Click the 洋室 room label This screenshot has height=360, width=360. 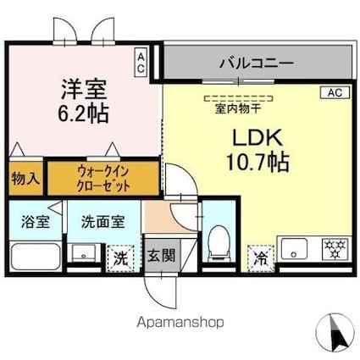pyautogui.click(x=83, y=88)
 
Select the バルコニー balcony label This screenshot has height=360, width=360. pyautogui.click(x=257, y=63)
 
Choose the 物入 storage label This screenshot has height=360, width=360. pyautogui.click(x=25, y=180)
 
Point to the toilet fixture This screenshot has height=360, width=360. pyautogui.click(x=217, y=242)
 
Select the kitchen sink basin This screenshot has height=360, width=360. pyautogui.click(x=297, y=250)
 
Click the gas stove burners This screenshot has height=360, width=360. pyautogui.click(x=335, y=249)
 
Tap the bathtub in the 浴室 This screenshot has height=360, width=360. pyautogui.click(x=35, y=256)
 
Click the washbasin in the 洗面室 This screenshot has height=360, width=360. pyautogui.click(x=84, y=252)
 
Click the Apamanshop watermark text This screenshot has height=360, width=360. pyautogui.click(x=180, y=323)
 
